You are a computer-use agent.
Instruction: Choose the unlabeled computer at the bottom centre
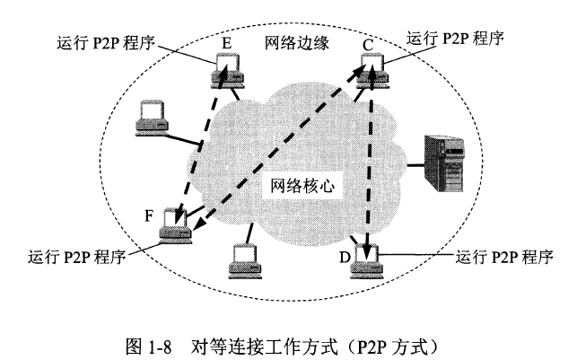(x=245, y=259)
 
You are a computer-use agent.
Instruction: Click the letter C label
(x=367, y=42)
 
